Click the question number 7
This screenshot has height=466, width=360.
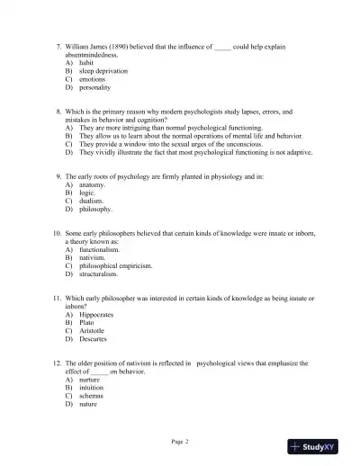coord(58,44)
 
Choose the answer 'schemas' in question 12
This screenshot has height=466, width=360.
coord(92,397)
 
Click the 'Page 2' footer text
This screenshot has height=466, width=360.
coord(180,441)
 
